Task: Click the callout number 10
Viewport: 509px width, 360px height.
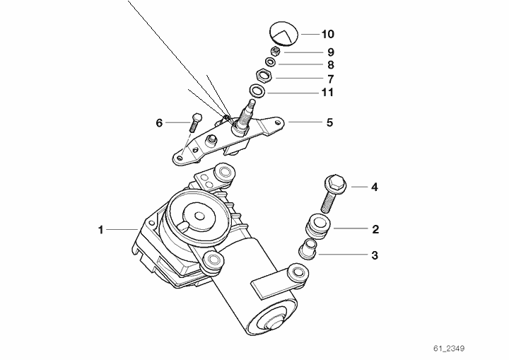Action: tap(327, 34)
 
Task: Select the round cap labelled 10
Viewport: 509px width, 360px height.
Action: tap(283, 33)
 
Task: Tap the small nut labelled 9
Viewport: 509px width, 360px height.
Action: tap(276, 51)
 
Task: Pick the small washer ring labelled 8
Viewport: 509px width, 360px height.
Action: tap(271, 62)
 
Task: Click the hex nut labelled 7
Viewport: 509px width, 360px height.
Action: tap(264, 76)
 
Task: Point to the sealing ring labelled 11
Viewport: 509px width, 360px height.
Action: tap(257, 91)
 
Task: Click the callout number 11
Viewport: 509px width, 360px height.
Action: tap(327, 93)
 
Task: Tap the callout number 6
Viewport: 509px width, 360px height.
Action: tap(159, 123)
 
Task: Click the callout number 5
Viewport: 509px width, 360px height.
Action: tap(330, 122)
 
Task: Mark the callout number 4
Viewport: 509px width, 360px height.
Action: tap(375, 187)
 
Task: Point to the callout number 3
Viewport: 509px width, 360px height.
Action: tap(375, 255)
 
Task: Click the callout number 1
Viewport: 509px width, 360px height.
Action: tap(100, 230)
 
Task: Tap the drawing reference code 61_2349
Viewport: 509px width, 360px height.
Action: tap(449, 349)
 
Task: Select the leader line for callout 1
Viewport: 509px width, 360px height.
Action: tap(122, 230)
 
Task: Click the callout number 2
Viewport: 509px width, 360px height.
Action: tap(375, 229)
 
